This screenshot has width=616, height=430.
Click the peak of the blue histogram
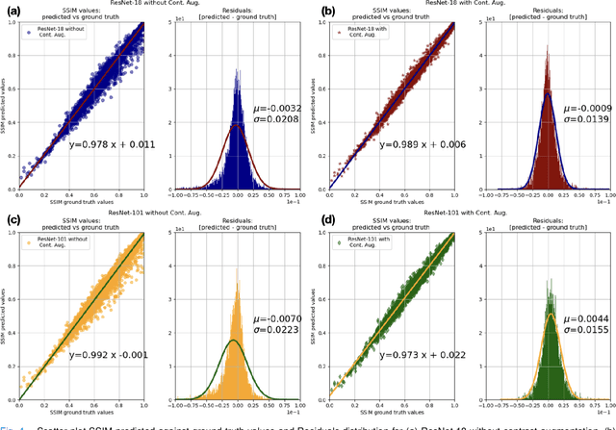(x=236, y=69)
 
